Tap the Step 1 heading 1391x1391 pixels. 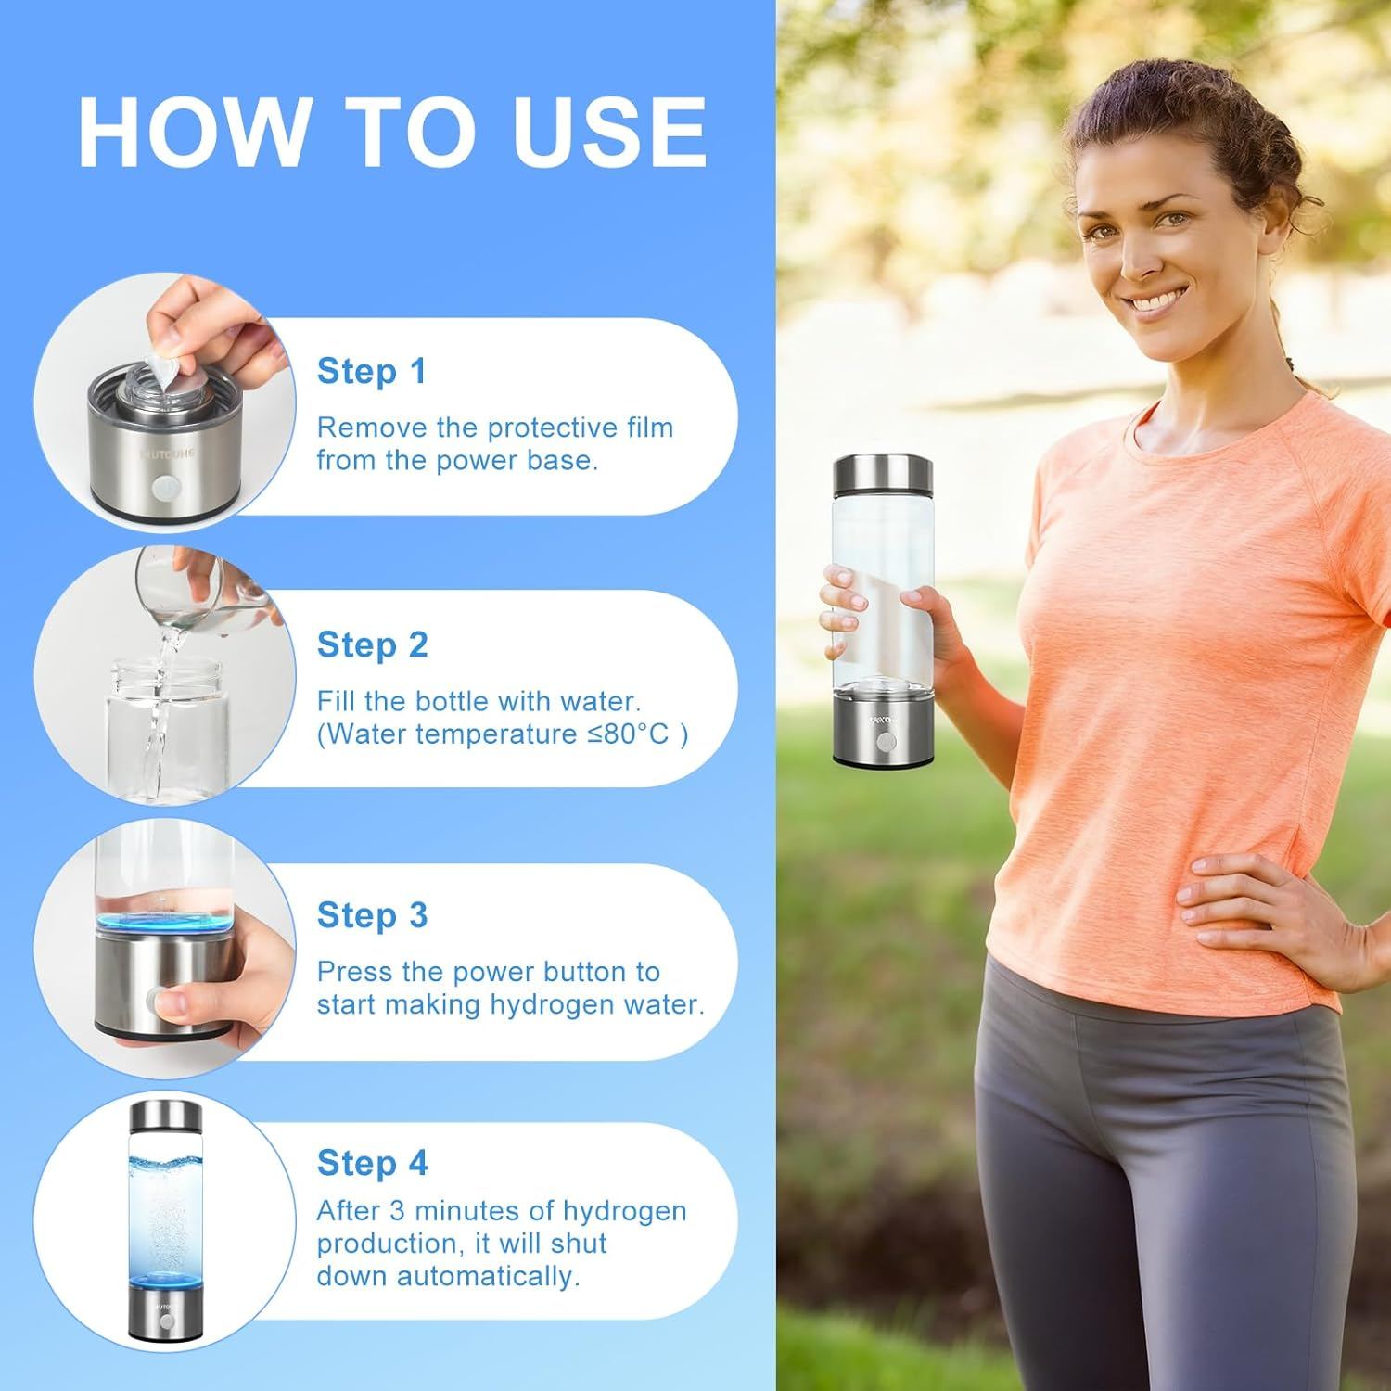372,371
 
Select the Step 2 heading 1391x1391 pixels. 372,644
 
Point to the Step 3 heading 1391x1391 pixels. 372,915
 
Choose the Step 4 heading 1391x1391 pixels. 372,1162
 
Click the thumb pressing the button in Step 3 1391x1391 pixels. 172,1002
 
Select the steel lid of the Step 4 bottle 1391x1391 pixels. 161,1117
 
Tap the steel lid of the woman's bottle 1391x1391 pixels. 884,475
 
